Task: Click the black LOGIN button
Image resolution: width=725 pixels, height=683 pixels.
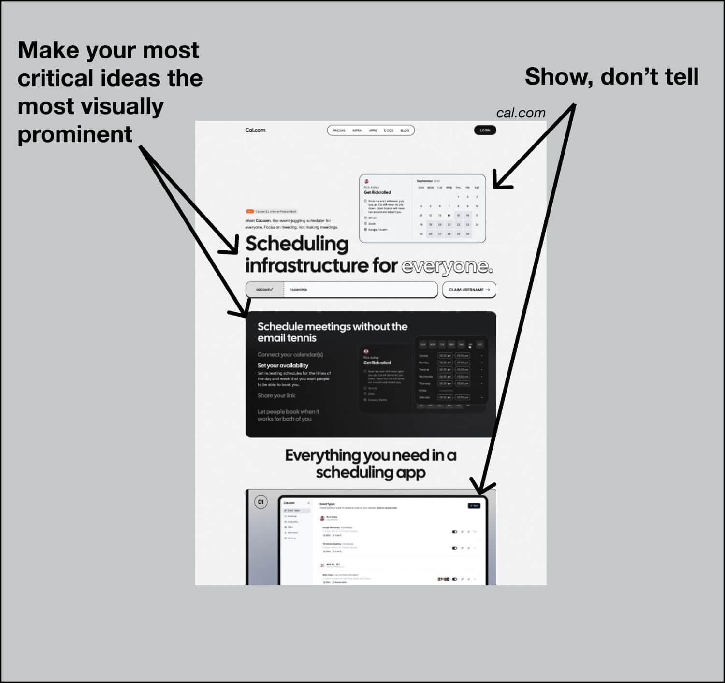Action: tap(485, 130)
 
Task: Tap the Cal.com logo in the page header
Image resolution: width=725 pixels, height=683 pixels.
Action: tap(255, 130)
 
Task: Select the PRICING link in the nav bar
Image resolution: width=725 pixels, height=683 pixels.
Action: tap(339, 131)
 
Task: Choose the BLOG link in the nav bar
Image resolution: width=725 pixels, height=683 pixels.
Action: tap(405, 131)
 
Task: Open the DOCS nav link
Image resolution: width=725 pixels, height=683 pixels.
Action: tap(389, 131)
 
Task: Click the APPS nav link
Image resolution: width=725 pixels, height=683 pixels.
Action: tap(373, 131)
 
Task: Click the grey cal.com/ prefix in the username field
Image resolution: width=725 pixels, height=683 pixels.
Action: tap(264, 290)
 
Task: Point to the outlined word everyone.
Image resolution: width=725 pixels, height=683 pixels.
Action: tap(447, 266)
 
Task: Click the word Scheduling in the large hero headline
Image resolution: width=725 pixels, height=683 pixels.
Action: tap(297, 244)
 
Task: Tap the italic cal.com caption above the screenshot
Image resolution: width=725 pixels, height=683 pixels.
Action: tap(521, 113)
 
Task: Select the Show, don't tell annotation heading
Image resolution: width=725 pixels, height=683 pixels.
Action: tap(611, 77)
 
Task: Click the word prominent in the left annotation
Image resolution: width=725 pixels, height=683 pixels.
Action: tap(75, 134)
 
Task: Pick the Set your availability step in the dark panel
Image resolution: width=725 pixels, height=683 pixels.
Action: tap(283, 365)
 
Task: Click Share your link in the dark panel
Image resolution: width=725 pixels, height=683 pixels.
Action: tap(276, 395)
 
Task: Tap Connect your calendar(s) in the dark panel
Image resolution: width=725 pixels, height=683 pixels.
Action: tap(290, 354)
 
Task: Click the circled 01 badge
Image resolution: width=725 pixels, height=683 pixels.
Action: tap(261, 502)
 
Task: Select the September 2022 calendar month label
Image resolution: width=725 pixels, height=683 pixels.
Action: tap(428, 181)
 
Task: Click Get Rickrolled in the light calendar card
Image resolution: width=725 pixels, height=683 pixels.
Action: tap(377, 192)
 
